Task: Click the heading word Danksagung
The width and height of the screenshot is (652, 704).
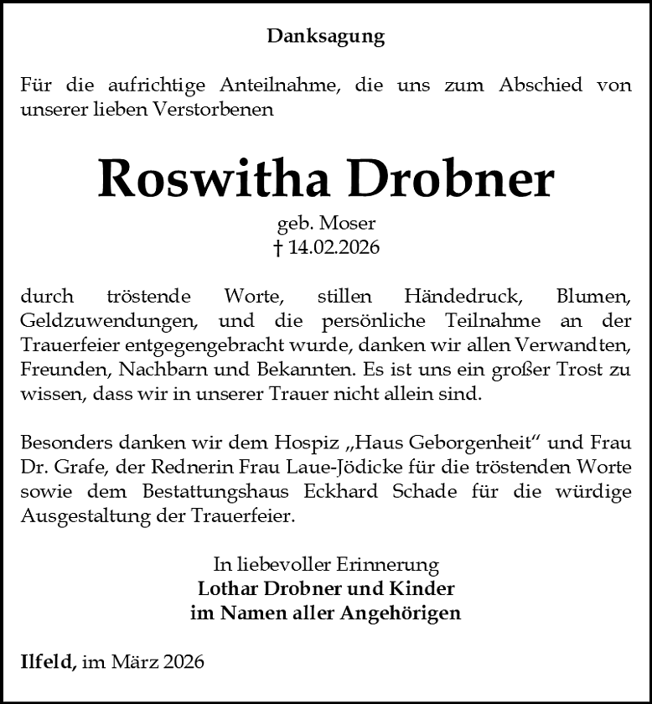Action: click(x=326, y=36)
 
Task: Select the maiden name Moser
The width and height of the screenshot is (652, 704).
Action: click(x=351, y=224)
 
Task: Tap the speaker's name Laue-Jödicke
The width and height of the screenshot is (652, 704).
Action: click(x=419, y=466)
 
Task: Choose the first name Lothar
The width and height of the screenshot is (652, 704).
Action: click(x=228, y=588)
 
